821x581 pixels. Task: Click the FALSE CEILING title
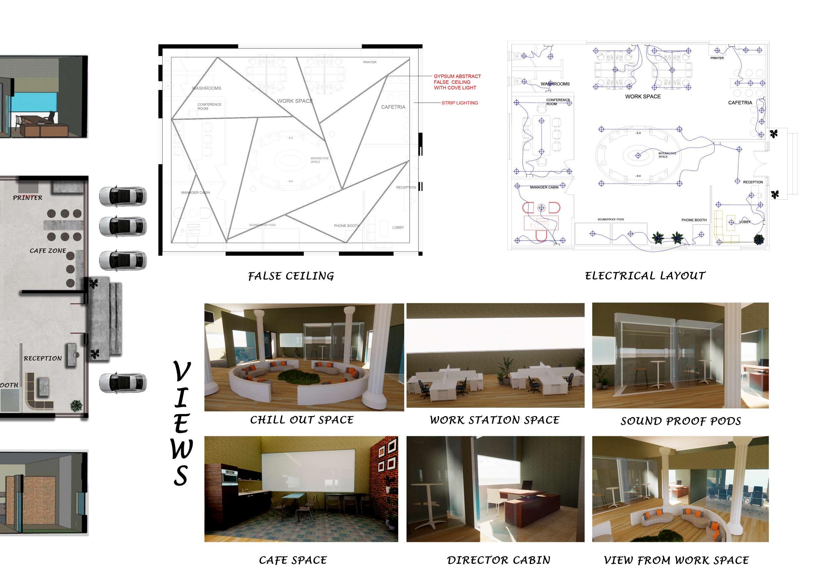click(291, 276)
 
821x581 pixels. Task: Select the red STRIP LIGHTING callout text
click(459, 103)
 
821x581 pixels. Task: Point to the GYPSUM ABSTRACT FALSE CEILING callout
click(457, 82)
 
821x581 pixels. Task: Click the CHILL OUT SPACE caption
click(302, 420)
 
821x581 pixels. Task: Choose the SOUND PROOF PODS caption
click(681, 421)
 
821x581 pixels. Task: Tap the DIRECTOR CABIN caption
click(499, 560)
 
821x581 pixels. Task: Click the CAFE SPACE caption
click(293, 560)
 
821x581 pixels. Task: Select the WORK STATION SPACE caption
click(495, 420)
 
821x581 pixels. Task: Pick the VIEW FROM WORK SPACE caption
click(676, 560)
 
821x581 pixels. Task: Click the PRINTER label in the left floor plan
click(27, 198)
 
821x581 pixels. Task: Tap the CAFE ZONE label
click(48, 251)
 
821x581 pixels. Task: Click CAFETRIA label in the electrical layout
click(740, 103)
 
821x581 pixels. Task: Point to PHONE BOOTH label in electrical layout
click(694, 220)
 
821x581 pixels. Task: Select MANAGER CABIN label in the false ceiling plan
click(195, 192)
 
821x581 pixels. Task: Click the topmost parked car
click(122, 196)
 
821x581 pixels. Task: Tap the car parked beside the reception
click(122, 383)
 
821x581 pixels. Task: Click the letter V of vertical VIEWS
click(182, 372)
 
